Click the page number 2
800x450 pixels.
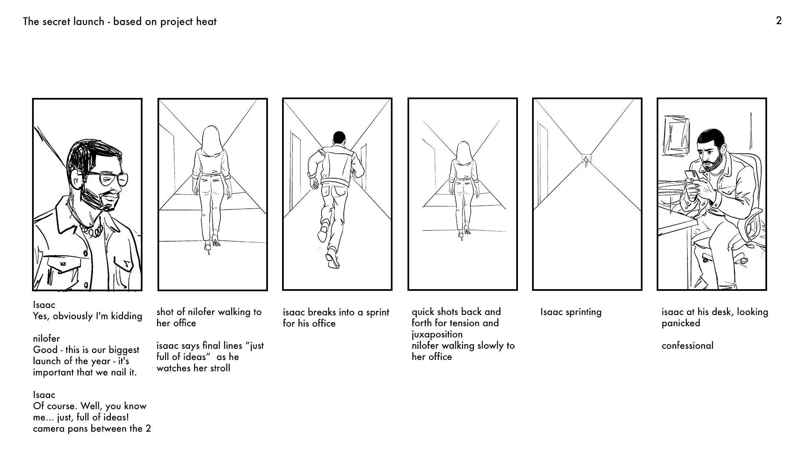click(779, 20)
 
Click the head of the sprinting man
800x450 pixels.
click(340, 138)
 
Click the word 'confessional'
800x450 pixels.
click(687, 345)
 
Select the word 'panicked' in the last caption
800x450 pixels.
click(681, 323)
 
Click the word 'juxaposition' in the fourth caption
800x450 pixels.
click(437, 335)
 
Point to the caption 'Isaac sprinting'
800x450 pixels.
click(571, 312)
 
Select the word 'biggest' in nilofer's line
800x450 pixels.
click(124, 350)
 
